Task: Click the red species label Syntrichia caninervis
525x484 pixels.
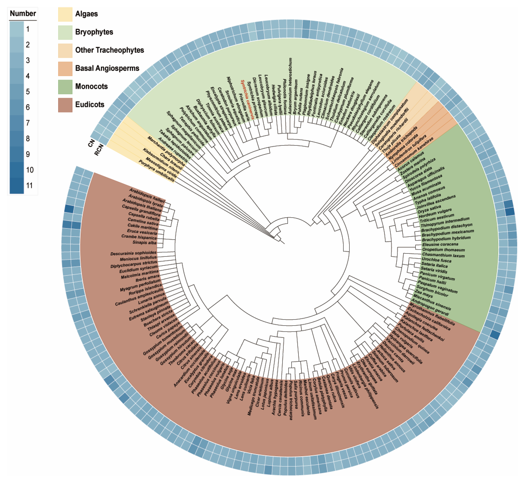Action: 247,100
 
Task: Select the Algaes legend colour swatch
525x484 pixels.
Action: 65,14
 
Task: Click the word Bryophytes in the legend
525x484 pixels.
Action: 94,32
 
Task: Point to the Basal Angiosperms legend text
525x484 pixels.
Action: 107,68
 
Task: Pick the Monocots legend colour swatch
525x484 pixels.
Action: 65,87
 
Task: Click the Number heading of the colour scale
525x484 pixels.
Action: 23,14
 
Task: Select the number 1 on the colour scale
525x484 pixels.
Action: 28,29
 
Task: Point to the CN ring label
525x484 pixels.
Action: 91,143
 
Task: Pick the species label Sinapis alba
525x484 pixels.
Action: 144,242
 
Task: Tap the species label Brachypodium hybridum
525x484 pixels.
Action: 446,238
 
